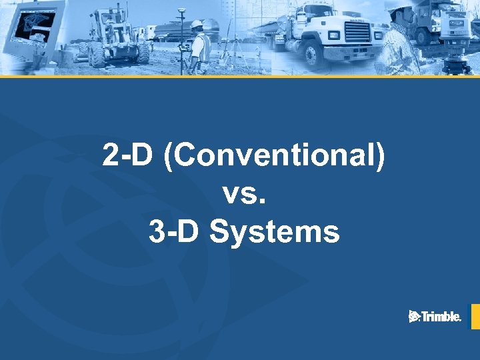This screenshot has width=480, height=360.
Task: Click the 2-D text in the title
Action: coord(125,155)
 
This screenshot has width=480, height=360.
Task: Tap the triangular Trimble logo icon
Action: coord(414,317)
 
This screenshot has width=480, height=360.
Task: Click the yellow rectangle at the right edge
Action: coord(475,317)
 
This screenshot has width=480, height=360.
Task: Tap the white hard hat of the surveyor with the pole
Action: coord(197,25)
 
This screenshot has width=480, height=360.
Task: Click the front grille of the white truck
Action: coord(357,31)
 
